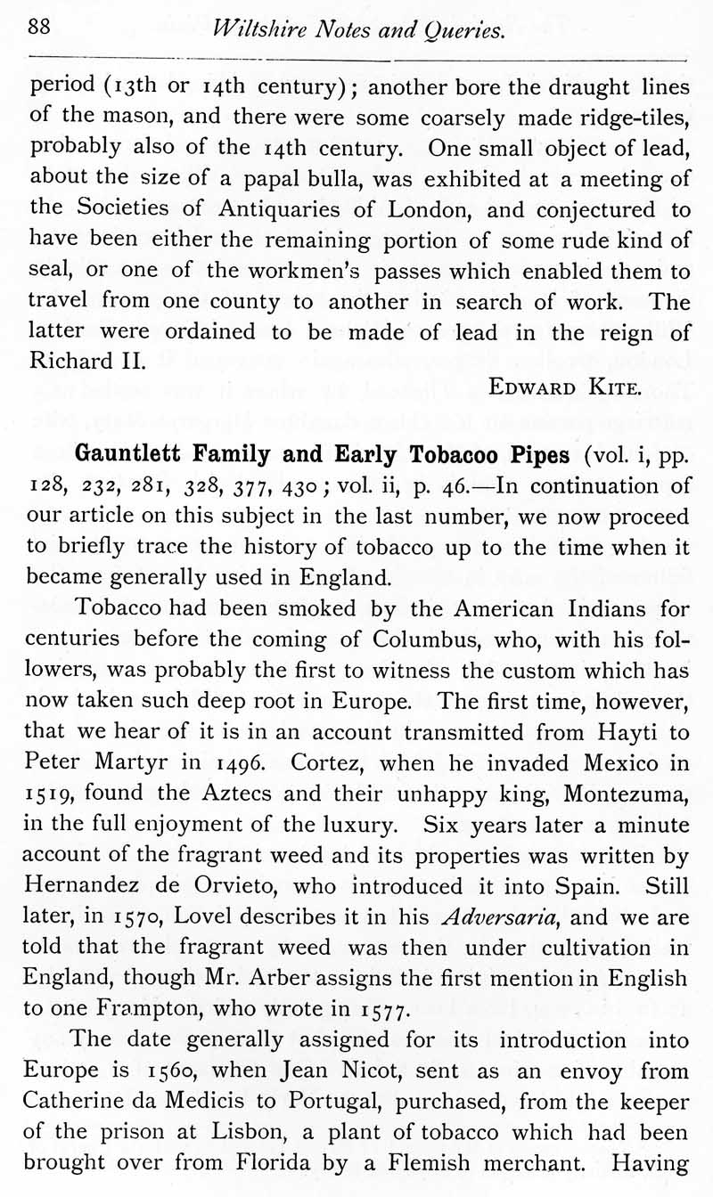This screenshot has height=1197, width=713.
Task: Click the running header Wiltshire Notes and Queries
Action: tap(360, 30)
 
